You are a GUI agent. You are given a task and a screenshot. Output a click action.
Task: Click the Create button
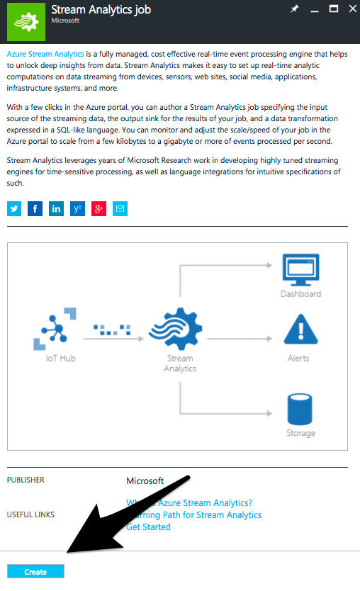coord(35,571)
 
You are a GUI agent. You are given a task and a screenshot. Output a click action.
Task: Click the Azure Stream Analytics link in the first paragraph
coord(45,54)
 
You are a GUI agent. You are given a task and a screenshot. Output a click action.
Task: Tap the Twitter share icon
coord(14,208)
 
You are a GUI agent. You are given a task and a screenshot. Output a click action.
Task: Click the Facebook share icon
coord(35,208)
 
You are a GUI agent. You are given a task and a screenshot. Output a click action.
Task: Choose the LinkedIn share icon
coord(57,208)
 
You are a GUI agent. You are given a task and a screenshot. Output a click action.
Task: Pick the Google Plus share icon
coord(99,208)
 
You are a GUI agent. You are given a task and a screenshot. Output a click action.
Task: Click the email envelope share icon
coord(120,208)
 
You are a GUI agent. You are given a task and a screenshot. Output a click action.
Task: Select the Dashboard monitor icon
coord(300,269)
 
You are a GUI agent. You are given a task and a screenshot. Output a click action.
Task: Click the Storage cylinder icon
coord(300,407)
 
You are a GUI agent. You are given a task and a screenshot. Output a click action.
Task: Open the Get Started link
coord(148,527)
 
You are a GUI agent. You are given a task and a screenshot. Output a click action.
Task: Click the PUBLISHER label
coord(26,480)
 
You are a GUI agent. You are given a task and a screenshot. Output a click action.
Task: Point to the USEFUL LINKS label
coord(30,514)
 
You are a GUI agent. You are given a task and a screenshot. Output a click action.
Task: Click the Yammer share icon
coord(78,208)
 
